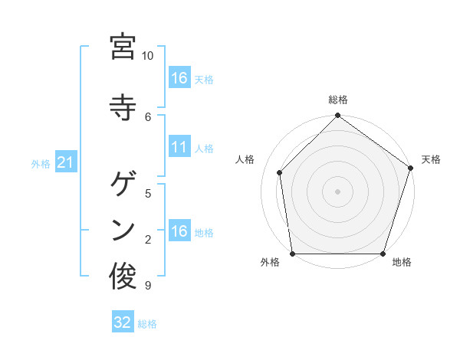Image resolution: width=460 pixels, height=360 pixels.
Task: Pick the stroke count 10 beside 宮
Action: tap(148, 56)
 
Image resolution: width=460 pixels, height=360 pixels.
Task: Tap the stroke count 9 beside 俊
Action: tap(148, 286)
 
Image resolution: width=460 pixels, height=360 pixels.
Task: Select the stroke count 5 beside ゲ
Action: tap(148, 193)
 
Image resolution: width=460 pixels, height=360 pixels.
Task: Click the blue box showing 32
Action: tap(123, 322)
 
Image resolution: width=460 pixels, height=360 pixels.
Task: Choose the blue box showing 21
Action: tap(66, 163)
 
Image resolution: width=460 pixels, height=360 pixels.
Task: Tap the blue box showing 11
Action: tap(179, 147)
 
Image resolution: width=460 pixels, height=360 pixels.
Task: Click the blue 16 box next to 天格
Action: tap(179, 78)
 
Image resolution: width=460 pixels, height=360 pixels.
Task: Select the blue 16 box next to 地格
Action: tap(179, 231)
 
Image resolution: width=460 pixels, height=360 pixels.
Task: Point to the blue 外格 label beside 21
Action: tap(41, 164)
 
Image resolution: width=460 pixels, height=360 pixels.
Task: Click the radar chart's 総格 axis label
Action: tap(337, 100)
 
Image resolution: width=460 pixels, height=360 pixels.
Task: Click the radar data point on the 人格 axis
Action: tap(280, 173)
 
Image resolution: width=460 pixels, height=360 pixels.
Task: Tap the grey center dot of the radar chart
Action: tap(337, 191)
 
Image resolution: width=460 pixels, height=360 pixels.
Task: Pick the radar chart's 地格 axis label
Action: tap(402, 263)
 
